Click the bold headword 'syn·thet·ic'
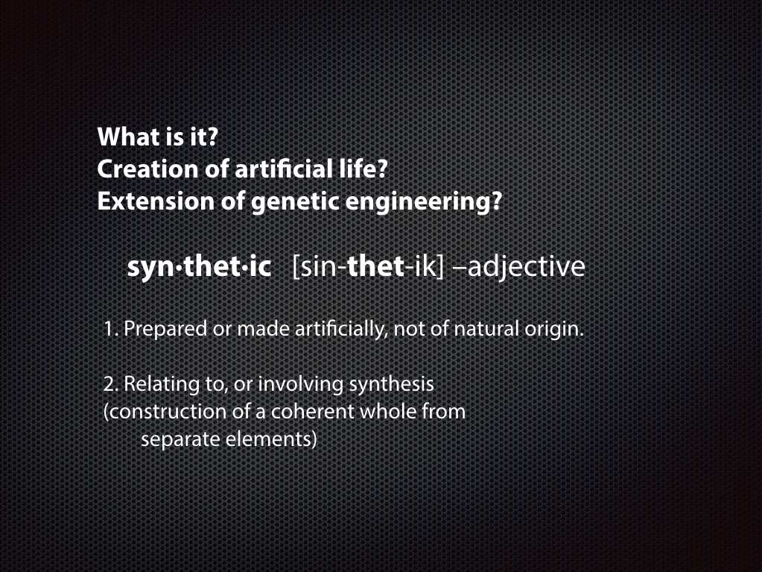(199, 266)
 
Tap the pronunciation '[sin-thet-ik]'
(369, 267)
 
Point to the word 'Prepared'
(165, 330)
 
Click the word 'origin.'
(554, 330)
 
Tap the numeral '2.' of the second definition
(110, 384)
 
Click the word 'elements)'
(272, 440)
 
